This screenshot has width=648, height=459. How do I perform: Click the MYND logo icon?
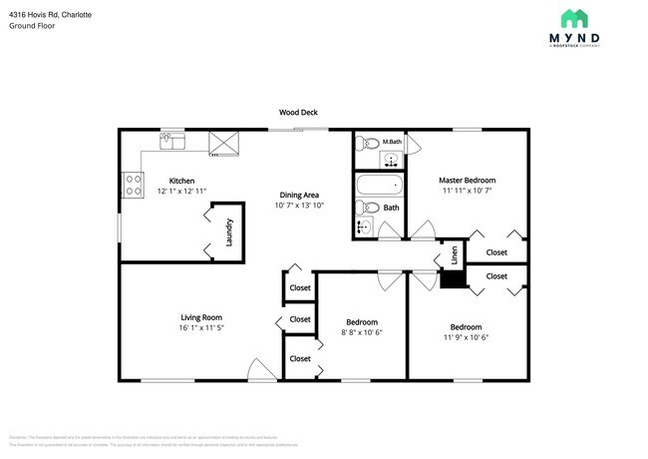coord(574,18)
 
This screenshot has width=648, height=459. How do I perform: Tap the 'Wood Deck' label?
coord(298,113)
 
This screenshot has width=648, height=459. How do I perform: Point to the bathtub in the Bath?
coord(381,185)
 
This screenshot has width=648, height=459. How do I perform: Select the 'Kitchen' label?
coord(167,181)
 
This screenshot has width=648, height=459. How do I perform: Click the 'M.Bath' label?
coord(393,143)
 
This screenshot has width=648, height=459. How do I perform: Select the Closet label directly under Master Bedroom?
coord(496,252)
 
